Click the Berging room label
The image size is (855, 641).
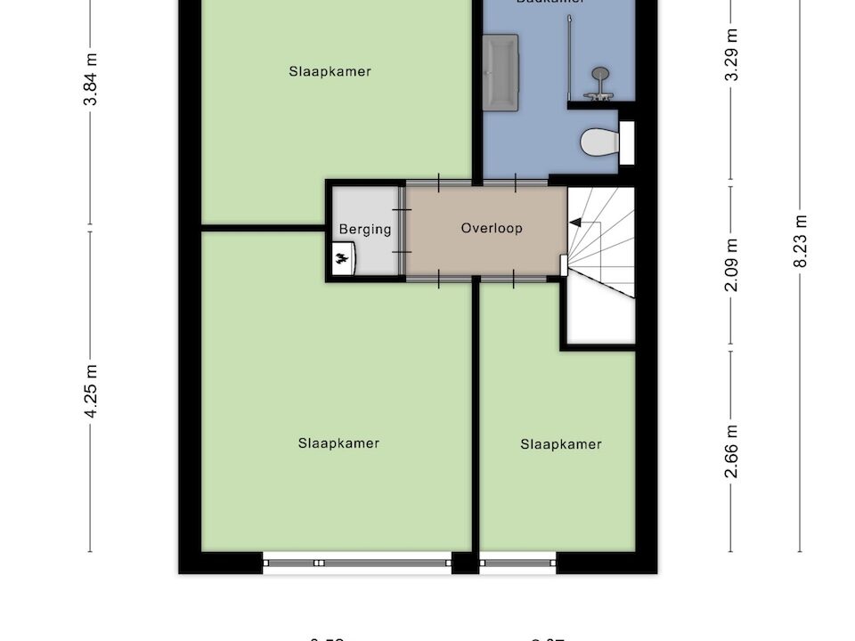365,229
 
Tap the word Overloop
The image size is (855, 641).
492,228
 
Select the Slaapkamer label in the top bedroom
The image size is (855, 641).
330,71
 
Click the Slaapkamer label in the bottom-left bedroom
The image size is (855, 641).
338,443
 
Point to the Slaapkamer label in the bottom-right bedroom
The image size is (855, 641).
561,444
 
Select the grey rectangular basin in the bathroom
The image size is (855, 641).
500,72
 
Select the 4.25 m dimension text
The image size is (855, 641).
90,392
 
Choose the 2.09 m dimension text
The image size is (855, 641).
731,264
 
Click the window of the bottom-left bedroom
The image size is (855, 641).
357,562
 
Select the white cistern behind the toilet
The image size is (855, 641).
626,142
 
